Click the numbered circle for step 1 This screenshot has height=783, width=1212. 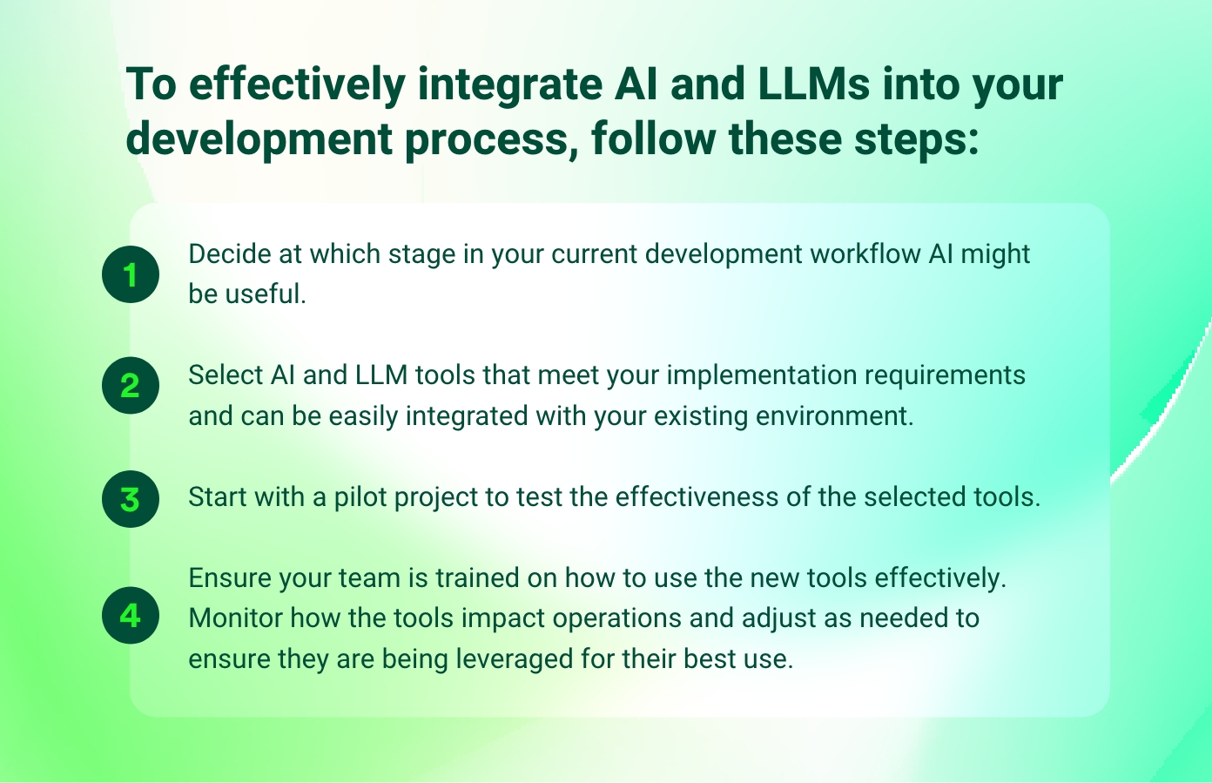pos(131,274)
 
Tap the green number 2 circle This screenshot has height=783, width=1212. pos(131,385)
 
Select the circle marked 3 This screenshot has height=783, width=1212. pos(131,499)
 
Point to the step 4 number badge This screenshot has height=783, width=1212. pos(131,616)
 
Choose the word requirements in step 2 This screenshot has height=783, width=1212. pos(945,375)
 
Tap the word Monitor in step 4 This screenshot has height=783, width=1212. pos(235,618)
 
